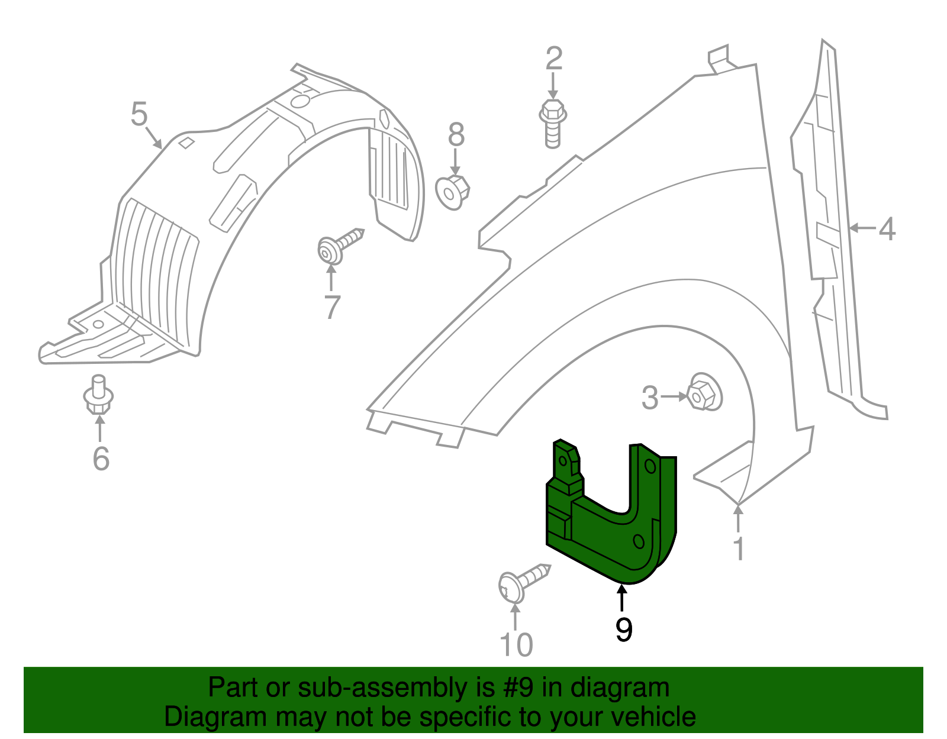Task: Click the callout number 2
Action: click(x=554, y=59)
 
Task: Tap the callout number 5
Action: click(x=139, y=114)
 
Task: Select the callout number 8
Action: click(x=456, y=134)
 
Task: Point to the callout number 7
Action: click(x=332, y=307)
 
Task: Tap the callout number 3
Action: click(x=650, y=397)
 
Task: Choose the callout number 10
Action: click(x=517, y=645)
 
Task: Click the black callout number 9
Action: click(x=624, y=629)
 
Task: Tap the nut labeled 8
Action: click(x=453, y=193)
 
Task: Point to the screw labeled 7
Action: click(x=340, y=246)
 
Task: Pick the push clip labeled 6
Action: click(x=98, y=394)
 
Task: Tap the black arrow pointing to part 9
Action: click(x=622, y=599)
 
